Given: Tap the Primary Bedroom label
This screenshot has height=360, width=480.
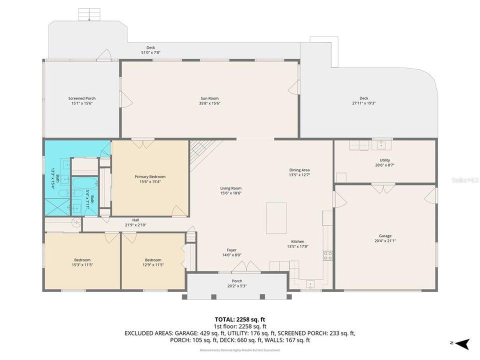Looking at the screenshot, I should [150, 176].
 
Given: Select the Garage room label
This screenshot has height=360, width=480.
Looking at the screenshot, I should [385, 236].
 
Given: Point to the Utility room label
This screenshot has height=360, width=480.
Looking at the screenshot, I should [384, 160].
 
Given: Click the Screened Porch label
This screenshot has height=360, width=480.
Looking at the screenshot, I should [82, 98].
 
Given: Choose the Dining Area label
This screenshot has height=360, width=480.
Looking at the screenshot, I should [299, 170].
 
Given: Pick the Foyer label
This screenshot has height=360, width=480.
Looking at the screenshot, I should [231, 250].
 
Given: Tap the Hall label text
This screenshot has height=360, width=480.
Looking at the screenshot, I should [135, 220].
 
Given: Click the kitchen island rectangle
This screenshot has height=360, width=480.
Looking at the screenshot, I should [276, 217].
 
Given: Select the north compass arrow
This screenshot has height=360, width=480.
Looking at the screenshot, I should [463, 343].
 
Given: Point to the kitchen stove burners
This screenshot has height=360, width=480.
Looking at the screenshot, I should [327, 255].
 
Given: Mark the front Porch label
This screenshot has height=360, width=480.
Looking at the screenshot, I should [237, 281].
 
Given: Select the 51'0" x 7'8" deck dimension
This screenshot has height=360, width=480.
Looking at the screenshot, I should [150, 52].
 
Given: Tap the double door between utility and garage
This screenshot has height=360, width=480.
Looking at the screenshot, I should [383, 189].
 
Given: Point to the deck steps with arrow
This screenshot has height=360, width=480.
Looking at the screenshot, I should [89, 15].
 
